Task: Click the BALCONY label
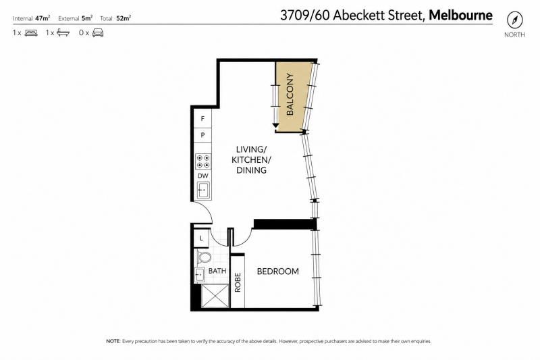pos(290,94)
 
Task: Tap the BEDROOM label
pos(278,272)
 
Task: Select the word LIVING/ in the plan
pos(251,149)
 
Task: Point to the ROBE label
pos(238,282)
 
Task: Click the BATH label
pos(217,271)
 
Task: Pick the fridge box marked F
pos(202,118)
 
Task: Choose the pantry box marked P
pos(202,135)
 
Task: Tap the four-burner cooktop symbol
pos(203,161)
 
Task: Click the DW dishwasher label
pos(203,176)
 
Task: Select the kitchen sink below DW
pos(203,190)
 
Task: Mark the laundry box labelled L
pos(201,238)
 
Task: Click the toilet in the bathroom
pos(205,257)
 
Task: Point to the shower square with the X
pos(215,296)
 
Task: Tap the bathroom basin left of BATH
pos(200,275)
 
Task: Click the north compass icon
pos(514,20)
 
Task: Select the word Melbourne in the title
pos(460,16)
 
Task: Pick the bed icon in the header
pos(31,33)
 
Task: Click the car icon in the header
pos(98,33)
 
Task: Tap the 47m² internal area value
pos(43,18)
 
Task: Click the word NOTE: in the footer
pos(113,341)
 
